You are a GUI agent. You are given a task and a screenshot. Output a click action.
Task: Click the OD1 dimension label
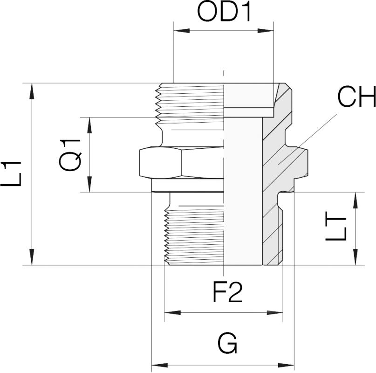(x=224, y=13)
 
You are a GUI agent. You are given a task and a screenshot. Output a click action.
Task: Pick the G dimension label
(x=227, y=344)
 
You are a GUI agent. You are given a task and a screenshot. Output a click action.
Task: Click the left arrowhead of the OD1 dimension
(x=180, y=31)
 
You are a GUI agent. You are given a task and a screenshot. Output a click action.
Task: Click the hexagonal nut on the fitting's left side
(x=181, y=163)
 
